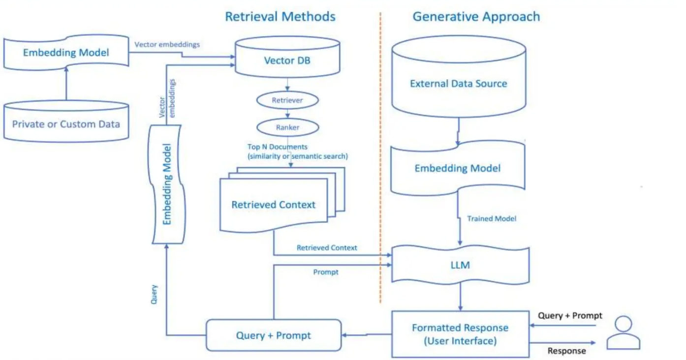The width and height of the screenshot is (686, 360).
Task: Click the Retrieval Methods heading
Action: click(x=280, y=16)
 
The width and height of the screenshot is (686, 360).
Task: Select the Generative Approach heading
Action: click(x=476, y=16)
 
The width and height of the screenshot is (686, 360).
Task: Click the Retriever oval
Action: click(x=287, y=100)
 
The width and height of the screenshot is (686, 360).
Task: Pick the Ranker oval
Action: click(x=287, y=127)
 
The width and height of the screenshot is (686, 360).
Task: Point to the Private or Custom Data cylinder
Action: click(x=66, y=123)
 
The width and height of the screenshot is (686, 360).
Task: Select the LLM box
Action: click(x=460, y=265)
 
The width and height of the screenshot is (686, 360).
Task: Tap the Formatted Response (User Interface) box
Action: click(x=460, y=334)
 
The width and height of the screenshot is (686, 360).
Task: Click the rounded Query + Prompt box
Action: click(x=273, y=335)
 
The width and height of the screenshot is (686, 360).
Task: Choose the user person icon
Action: click(x=623, y=333)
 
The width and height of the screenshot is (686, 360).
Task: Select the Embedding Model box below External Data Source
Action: click(x=457, y=168)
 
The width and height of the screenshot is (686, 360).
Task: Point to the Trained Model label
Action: click(x=491, y=218)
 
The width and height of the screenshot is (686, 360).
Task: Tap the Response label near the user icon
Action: click(x=566, y=351)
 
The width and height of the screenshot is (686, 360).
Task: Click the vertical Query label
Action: click(x=154, y=294)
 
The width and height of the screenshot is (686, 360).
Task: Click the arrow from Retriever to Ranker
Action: click(x=287, y=114)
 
